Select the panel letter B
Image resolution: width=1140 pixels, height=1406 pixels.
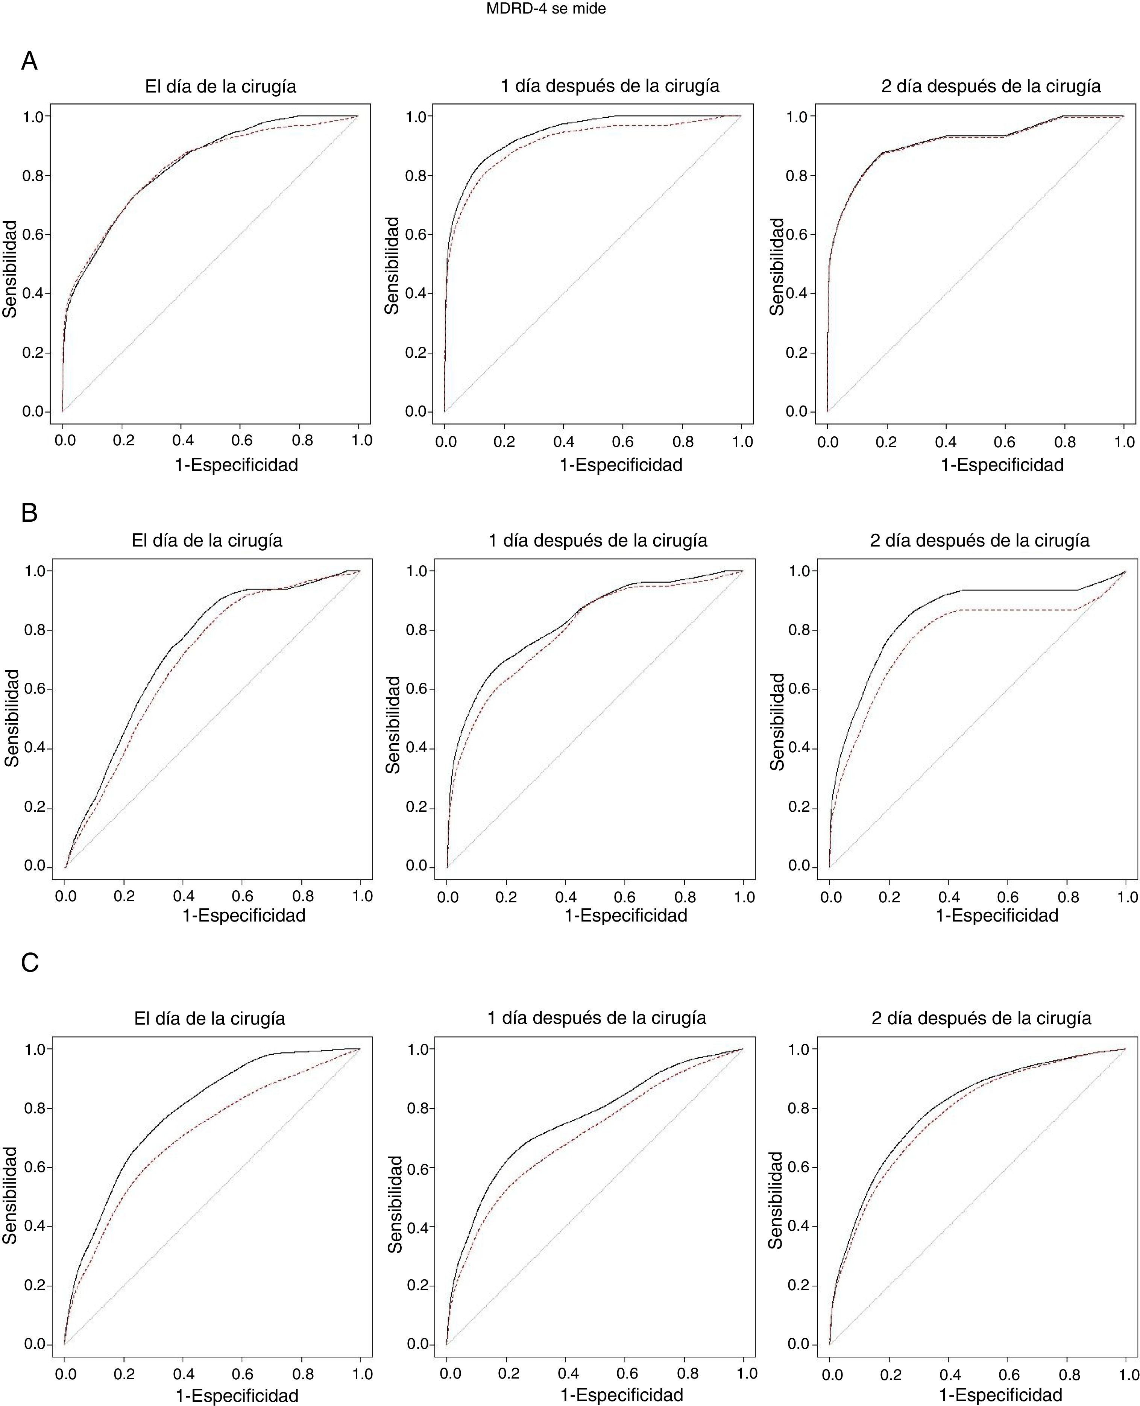point(30,513)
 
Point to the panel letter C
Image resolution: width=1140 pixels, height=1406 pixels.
point(30,963)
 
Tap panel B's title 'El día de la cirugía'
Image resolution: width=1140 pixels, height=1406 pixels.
point(207,541)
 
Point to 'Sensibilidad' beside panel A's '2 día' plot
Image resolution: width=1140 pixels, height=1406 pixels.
point(777,267)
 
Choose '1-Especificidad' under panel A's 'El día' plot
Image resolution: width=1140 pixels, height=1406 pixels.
point(237,465)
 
